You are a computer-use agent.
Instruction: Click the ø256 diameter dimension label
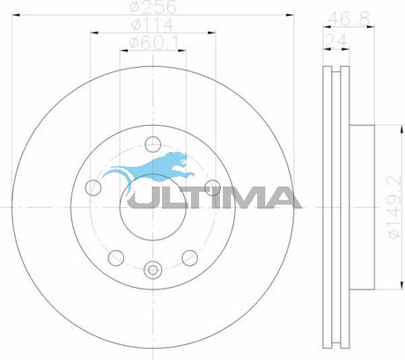point(153,7)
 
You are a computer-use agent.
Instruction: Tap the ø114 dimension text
point(152,25)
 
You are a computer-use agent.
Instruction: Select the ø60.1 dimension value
point(153,43)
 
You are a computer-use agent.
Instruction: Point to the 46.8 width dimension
point(350,19)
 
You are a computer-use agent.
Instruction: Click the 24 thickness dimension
point(335,40)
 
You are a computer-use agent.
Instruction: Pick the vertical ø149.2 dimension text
point(394,207)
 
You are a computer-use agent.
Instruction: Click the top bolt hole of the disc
point(153,144)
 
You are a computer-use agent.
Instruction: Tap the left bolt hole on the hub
point(93,187)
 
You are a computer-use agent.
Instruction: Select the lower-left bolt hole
point(116,258)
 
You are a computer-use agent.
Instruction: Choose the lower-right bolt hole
point(189,258)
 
